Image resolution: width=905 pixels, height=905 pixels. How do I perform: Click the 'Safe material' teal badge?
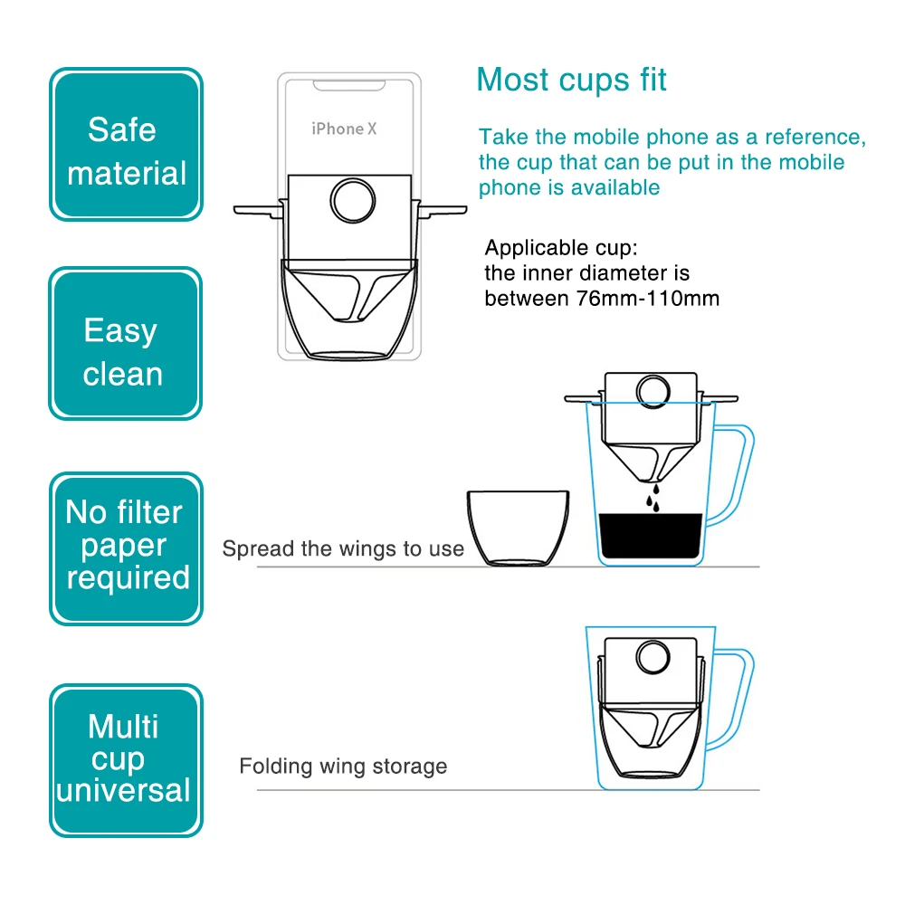coord(126,144)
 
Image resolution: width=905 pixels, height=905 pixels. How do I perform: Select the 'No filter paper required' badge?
coord(126,547)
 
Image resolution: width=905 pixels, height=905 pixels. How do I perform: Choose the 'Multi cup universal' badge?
coord(126,758)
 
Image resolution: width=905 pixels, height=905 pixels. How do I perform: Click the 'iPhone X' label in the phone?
coord(344,129)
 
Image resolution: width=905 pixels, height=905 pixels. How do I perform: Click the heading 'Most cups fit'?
coord(571,80)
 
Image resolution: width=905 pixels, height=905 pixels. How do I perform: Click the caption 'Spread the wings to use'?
coord(343,548)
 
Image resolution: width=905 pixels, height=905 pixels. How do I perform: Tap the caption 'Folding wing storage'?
coord(343,767)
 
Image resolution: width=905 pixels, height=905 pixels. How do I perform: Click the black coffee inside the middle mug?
coord(650,538)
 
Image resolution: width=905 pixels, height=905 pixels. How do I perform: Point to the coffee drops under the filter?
coord(650,498)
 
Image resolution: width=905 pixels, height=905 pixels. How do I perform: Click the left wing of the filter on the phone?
coord(259,210)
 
